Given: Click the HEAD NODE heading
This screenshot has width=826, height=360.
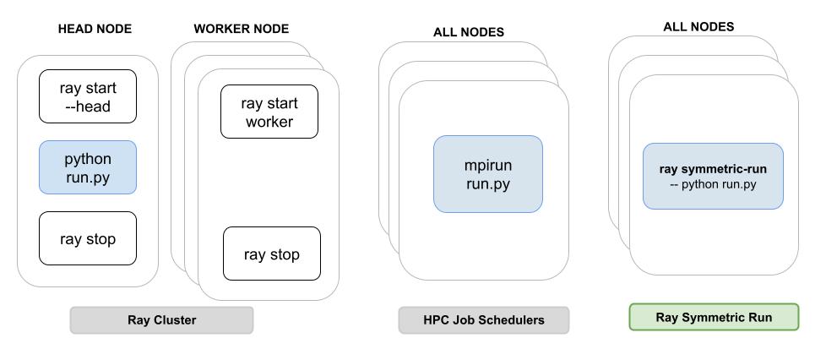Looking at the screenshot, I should tap(94, 29).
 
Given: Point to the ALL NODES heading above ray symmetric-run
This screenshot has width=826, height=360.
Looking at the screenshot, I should tap(698, 26).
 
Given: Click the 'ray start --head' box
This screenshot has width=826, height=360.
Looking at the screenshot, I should tap(87, 96).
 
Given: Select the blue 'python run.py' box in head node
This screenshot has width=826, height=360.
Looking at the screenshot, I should tap(87, 167).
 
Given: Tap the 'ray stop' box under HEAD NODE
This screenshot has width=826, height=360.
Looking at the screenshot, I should tap(87, 239).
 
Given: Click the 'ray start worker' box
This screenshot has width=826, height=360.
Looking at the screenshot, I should tap(269, 112).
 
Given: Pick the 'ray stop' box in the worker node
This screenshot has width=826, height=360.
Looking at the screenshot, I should tap(271, 254).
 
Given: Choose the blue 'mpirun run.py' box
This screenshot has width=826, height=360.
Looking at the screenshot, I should tap(487, 174).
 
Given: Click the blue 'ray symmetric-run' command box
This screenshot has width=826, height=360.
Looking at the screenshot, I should tap(713, 176).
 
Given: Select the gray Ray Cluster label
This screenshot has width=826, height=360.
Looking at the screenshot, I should tap(161, 320).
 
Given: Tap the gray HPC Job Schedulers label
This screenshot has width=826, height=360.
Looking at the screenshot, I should tap(483, 320).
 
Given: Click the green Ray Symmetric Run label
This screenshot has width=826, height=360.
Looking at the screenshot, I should tap(713, 317).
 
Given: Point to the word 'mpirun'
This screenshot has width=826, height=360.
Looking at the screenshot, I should tap(487, 165).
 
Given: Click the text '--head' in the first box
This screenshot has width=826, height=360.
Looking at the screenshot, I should tap(88, 106).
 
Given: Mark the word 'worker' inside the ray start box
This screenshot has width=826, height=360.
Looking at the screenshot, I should tap(269, 122).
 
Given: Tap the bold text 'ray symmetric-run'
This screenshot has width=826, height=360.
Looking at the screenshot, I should tap(713, 168).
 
